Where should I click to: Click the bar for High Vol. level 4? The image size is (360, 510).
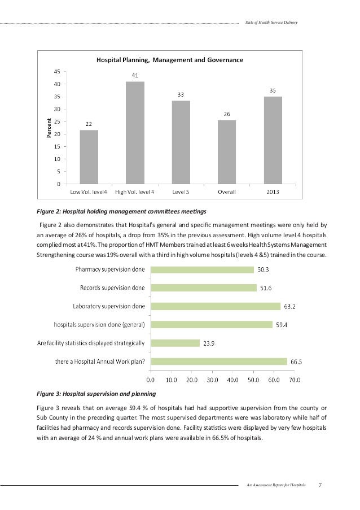(x=135, y=133)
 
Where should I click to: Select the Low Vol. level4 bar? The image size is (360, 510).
(x=89, y=157)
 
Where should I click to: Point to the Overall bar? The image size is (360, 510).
(x=227, y=152)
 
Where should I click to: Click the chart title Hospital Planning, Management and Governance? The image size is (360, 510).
(x=170, y=59)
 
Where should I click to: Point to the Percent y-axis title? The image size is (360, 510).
(x=50, y=128)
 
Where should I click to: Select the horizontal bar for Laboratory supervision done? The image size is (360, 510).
(x=216, y=306)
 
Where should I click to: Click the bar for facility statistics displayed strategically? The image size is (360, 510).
(x=176, y=343)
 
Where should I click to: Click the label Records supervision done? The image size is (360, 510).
(x=111, y=288)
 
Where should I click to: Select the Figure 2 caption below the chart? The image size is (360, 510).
(x=118, y=211)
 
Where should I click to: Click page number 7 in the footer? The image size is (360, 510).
(x=320, y=485)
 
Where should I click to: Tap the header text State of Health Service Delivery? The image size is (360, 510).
(x=273, y=23)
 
